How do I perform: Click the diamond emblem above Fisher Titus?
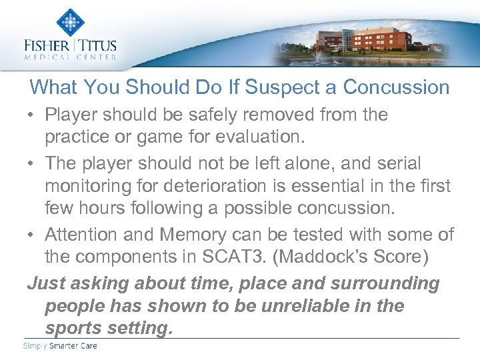click(x=69, y=22)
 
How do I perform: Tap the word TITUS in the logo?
click(x=98, y=47)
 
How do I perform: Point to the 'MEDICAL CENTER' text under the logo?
click(x=70, y=58)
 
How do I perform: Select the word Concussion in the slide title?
click(x=396, y=87)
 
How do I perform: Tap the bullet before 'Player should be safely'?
click(x=32, y=115)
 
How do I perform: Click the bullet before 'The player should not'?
click(x=32, y=163)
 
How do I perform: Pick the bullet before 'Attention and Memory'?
click(x=32, y=235)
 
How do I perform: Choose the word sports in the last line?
click(x=73, y=329)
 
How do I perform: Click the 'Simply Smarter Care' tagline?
click(x=60, y=345)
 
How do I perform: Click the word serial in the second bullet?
click(x=398, y=163)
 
